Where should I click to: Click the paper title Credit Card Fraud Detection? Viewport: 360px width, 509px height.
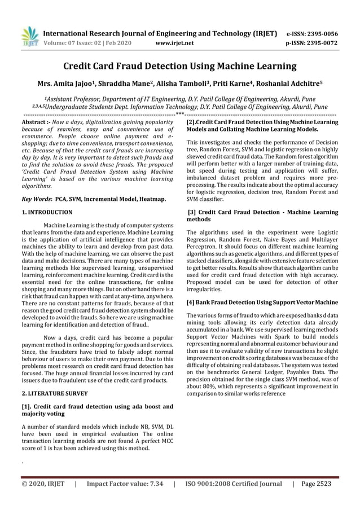click(x=179, y=67)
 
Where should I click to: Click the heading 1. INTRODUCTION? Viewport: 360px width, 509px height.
click(x=47, y=212)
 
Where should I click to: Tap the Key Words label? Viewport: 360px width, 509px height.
click(x=36, y=199)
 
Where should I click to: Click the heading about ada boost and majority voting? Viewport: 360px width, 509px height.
click(x=96, y=410)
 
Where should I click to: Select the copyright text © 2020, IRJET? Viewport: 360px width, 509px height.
click(x=43, y=484)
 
